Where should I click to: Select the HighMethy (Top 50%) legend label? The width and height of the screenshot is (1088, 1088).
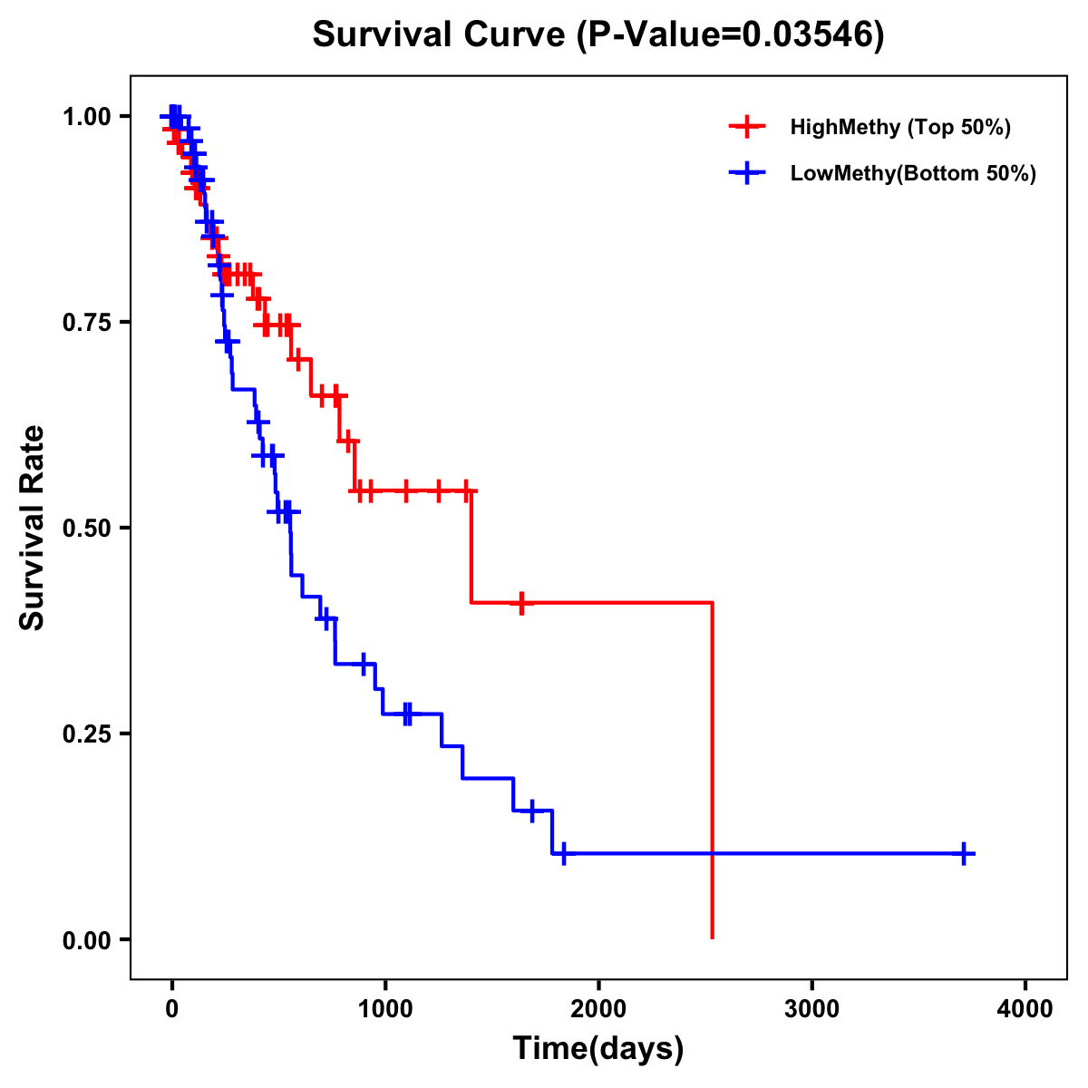pyautogui.click(x=899, y=127)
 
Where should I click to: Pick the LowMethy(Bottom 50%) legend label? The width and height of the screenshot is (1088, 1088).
pyautogui.click(x=913, y=173)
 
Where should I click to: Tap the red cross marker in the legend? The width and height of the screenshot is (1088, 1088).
pyautogui.click(x=747, y=127)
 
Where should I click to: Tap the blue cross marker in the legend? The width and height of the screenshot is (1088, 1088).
pyautogui.click(x=747, y=173)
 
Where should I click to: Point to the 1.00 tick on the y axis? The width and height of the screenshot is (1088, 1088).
pyautogui.click(x=86, y=116)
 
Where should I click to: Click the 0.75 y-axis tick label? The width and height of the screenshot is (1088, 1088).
pyautogui.click(x=86, y=322)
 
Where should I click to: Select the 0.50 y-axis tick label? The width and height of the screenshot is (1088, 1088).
pyautogui.click(x=86, y=528)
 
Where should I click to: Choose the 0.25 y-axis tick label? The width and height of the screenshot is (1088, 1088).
pyautogui.click(x=86, y=733)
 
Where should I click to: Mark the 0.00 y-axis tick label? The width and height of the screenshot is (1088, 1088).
pyautogui.click(x=86, y=939)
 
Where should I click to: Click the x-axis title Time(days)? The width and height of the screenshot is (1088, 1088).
pyautogui.click(x=598, y=1049)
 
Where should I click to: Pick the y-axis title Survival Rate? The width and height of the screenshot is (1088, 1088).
pyautogui.click(x=33, y=528)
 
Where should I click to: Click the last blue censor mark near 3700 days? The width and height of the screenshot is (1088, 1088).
pyautogui.click(x=965, y=853)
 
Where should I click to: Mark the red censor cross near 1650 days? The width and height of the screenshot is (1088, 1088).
pyautogui.click(x=521, y=602)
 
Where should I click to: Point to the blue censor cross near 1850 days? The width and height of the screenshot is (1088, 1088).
pyautogui.click(x=564, y=853)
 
